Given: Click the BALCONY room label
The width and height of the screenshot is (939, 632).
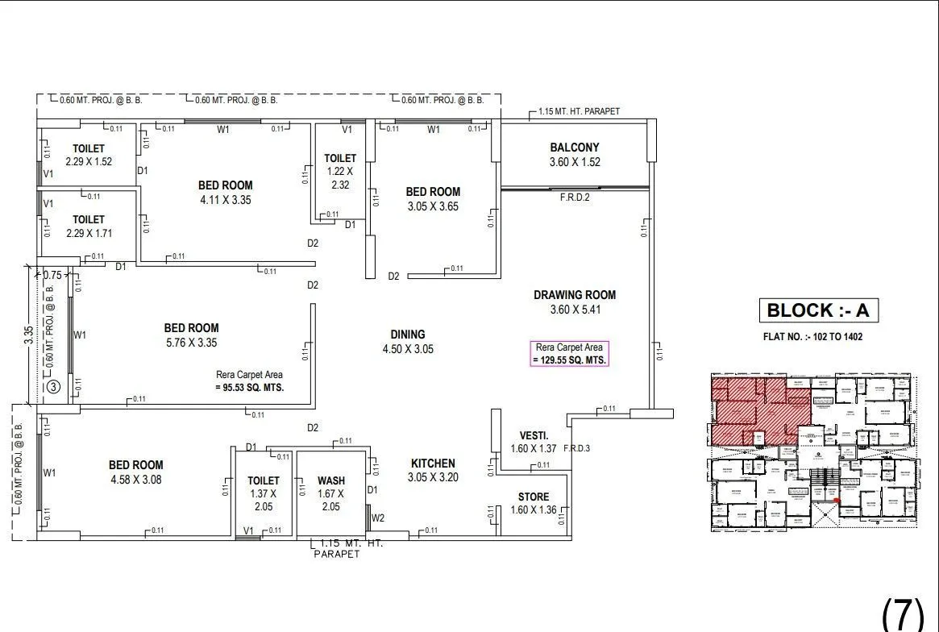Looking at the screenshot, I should pos(574,148).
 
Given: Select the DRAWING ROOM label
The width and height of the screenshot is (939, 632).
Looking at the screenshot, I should pos(574,295).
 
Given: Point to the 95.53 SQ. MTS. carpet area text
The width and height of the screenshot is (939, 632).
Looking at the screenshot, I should pos(249,387).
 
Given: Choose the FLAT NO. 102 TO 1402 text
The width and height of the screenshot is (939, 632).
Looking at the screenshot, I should pos(812,337).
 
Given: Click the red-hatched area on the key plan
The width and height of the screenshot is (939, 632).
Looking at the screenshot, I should pos(746,407).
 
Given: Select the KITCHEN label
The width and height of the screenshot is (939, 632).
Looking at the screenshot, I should pos(433,464).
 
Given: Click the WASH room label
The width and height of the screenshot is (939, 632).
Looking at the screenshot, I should pos(330,481).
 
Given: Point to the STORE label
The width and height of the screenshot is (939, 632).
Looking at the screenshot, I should pos(534,497).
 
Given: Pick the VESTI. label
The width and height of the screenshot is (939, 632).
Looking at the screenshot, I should pos(534,436).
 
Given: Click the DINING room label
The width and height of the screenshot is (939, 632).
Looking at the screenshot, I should pos(408,335).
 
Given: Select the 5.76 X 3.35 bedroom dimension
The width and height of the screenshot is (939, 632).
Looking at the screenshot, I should pos(191,343).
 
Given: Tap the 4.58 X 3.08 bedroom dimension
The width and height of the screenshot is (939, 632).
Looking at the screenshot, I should pos(135,480).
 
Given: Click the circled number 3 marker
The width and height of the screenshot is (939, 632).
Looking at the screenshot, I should pos(53,386).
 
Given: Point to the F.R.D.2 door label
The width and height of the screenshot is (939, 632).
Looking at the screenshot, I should pos(575,197).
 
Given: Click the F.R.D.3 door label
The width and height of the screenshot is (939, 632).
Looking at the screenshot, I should pos(578,448).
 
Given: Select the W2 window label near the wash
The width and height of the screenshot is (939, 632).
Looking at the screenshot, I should pos(378,518).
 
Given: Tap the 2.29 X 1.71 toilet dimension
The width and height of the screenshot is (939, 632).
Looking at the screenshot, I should pos(89,234).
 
